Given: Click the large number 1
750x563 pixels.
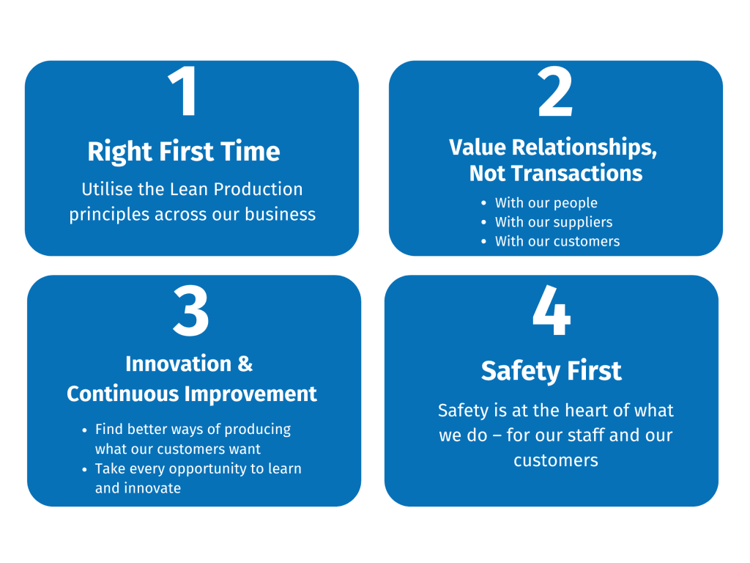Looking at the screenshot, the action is click(x=184, y=91).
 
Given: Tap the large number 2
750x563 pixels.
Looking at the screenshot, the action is click(x=555, y=92).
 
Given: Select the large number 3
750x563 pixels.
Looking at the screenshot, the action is click(x=191, y=311).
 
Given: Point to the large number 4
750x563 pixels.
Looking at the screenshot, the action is click(x=552, y=310).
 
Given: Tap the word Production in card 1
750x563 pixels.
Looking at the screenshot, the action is click(x=258, y=190).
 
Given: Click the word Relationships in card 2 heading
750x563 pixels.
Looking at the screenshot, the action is click(x=584, y=147).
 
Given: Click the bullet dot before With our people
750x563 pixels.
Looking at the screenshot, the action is click(x=484, y=203).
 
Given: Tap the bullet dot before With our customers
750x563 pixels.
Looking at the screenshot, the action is click(x=484, y=241).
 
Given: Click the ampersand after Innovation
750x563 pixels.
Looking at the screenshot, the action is click(x=245, y=364).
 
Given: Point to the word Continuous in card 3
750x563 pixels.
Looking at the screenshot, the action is click(x=122, y=394).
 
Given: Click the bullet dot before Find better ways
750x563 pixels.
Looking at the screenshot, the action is click(x=85, y=430).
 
